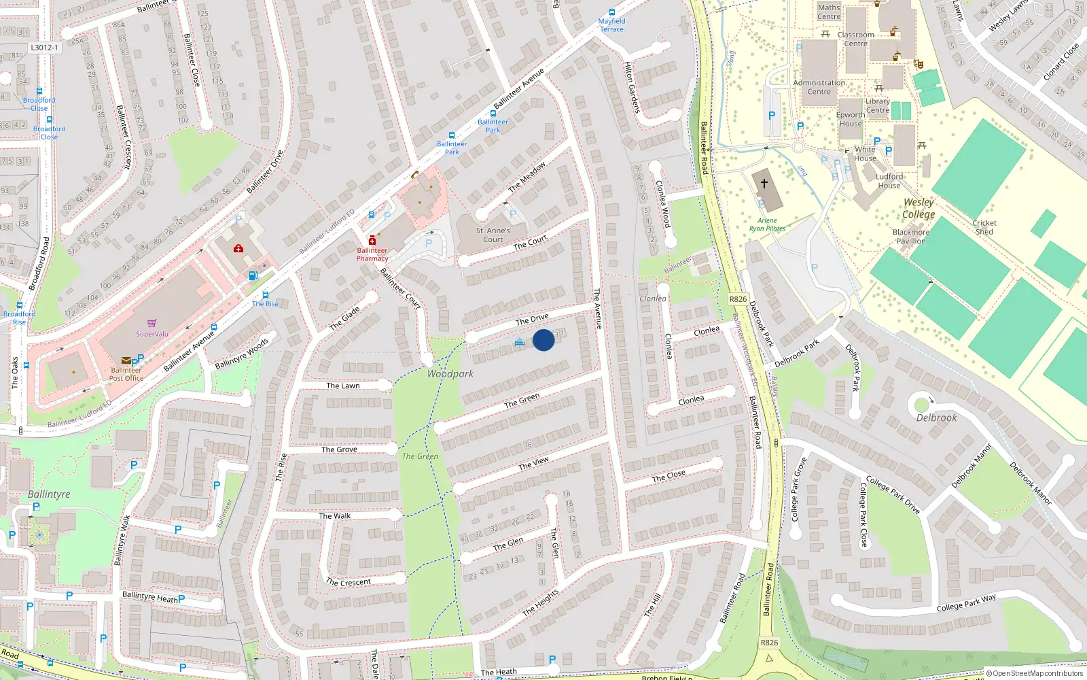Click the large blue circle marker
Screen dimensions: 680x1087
[x=543, y=339]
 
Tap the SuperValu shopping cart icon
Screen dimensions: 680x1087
[x=152, y=324]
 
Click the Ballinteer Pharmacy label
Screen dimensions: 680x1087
[x=372, y=254]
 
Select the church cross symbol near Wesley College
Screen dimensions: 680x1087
[x=764, y=184]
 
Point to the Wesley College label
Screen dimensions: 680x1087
[x=919, y=208]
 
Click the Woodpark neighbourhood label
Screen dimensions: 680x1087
[x=450, y=374]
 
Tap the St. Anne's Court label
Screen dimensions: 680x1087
[x=493, y=235]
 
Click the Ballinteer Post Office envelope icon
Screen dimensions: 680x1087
[x=126, y=360]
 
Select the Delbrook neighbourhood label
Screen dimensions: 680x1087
[x=936, y=418]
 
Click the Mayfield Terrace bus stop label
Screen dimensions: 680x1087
[x=611, y=25]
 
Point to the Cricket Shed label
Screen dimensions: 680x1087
[x=984, y=227]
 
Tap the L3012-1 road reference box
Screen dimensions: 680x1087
[x=45, y=48]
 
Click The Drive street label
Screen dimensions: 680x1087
[x=532, y=319]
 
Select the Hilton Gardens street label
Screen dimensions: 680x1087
[x=632, y=88]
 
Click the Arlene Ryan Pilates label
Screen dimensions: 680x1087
[x=767, y=224]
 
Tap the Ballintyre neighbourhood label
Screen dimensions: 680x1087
[x=49, y=494]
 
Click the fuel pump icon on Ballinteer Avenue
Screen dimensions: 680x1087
[x=253, y=275]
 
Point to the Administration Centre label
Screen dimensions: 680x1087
[x=819, y=87]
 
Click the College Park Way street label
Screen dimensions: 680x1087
[x=966, y=602]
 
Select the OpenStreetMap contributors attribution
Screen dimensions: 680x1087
[x=1034, y=673]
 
